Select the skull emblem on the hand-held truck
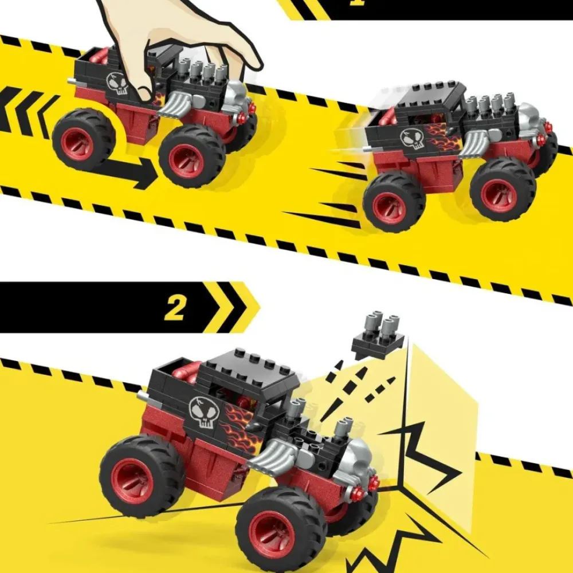coord(117,84)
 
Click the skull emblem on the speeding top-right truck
coord(412,139)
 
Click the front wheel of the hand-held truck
coord(192,156)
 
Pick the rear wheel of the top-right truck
coord(394,201)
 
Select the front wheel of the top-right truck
coord(503,190)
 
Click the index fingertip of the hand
coord(144,95)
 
